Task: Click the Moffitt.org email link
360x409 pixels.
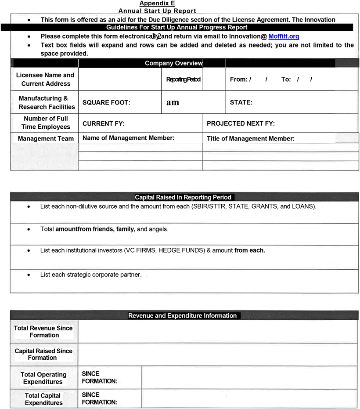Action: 284,36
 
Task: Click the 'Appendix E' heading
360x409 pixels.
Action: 157,4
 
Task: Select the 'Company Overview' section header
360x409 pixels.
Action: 174,63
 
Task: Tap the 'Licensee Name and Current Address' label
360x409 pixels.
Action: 45,80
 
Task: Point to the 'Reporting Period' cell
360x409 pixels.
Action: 183,80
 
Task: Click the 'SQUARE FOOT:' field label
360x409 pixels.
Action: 106,103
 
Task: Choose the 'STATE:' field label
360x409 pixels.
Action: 241,103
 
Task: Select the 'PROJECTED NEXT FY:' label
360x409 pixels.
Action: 241,124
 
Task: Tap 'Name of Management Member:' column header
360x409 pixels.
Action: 128,138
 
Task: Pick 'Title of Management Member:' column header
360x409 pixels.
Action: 250,138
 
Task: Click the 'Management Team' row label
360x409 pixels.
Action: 46,139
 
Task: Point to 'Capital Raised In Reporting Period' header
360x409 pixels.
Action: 183,197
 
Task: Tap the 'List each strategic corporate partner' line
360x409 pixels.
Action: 90,275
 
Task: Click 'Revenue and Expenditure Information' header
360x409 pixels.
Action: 182,315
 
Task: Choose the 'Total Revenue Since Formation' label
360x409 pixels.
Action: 43,332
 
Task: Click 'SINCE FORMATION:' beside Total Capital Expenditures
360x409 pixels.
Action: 99,398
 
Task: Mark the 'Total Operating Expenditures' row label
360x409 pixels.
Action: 43,378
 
